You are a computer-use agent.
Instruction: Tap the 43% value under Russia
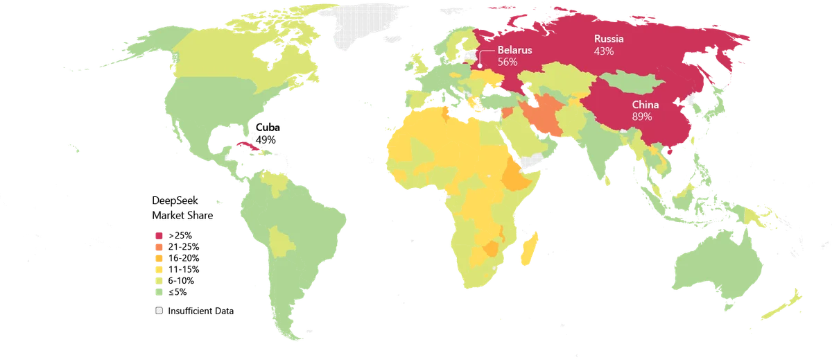pos(604,51)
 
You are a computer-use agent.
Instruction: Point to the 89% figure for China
pos(641,117)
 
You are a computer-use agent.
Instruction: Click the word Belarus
pos(514,51)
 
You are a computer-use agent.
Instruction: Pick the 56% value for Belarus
pos(508,62)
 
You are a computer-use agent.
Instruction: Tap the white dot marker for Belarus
pos(480,66)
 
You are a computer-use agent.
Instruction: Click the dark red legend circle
pos(159,235)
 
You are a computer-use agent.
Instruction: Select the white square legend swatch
pos(159,311)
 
